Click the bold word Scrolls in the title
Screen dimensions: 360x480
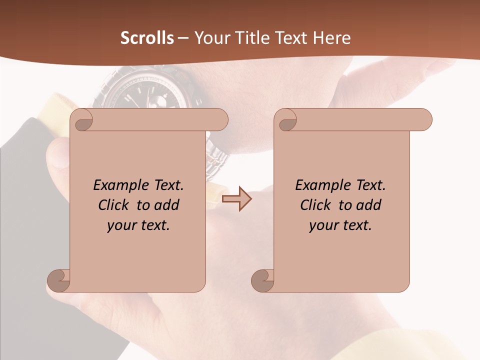click(147, 38)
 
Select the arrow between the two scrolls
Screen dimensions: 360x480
click(236, 199)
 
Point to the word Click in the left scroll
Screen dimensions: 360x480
click(115, 205)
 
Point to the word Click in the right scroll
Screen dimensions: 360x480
click(317, 205)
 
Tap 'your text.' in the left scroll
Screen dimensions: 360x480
click(138, 225)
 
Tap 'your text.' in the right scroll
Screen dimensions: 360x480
click(340, 225)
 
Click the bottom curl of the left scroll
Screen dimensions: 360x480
click(58, 280)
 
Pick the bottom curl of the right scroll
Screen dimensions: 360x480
click(262, 280)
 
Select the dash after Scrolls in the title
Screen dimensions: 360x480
click(183, 38)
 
